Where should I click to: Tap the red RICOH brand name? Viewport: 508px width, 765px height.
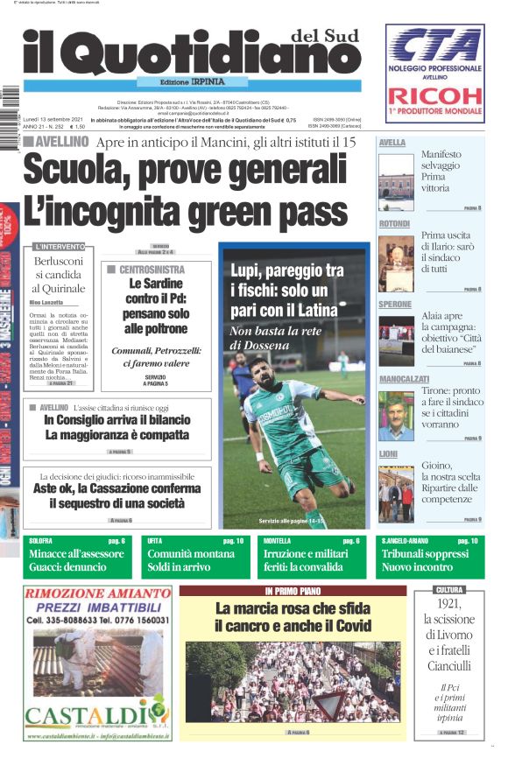coord(434,97)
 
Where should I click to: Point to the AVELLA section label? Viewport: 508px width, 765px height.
coord(392,142)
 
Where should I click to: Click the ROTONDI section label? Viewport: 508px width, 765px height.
coord(395,224)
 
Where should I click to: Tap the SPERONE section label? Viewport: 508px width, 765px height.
coord(395,305)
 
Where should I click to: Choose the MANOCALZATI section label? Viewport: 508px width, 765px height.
coord(405,379)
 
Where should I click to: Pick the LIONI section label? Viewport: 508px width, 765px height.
coord(388,454)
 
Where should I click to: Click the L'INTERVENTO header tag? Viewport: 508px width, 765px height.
coord(60,247)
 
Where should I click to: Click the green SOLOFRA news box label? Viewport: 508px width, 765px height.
coord(41,542)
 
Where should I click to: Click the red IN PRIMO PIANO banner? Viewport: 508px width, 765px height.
coord(293,591)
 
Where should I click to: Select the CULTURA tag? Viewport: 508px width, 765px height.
coord(449,591)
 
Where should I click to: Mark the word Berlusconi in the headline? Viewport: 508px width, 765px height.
coord(60,262)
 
